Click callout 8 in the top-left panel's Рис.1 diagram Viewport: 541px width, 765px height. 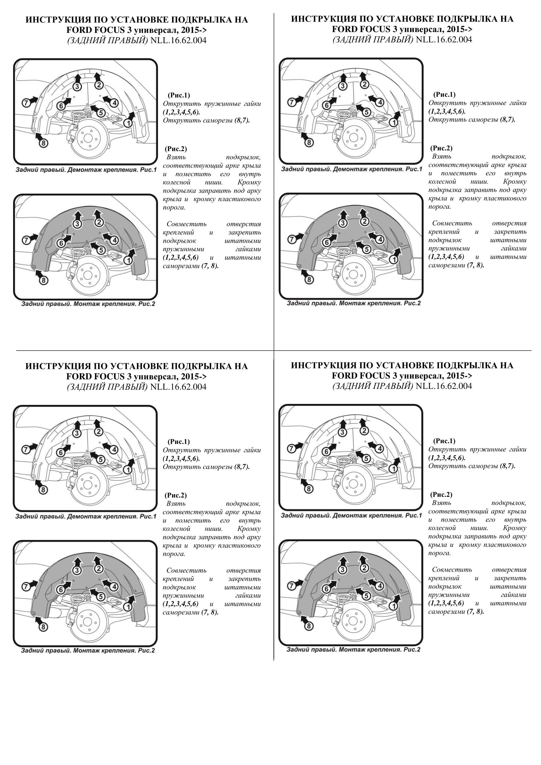click(44, 143)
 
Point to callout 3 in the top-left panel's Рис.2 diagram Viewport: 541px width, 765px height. click(77, 224)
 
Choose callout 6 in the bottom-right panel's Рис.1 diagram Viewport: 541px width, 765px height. click(326, 452)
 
